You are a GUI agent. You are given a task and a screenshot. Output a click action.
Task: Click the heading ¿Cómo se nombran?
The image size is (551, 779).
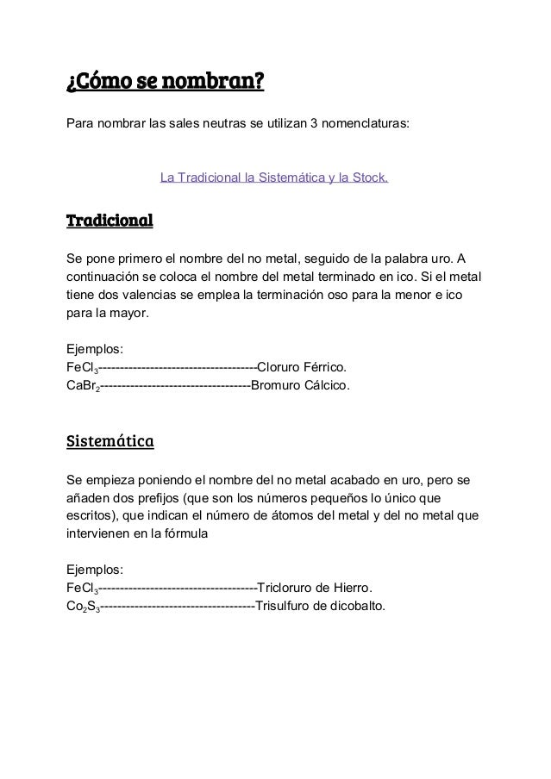pyautogui.click(x=165, y=83)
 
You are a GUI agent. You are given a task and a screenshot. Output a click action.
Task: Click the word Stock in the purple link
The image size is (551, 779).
pyautogui.click(x=369, y=179)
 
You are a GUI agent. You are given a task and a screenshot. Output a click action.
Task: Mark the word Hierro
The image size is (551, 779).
pyautogui.click(x=353, y=589)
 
